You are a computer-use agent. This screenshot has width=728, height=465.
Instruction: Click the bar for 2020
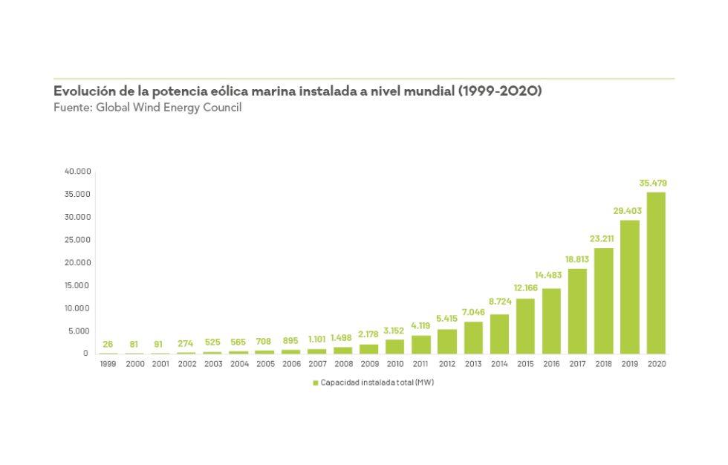coord(656,273)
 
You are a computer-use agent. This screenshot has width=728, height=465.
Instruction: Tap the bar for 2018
coord(604,301)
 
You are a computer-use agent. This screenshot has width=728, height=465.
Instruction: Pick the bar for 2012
coord(447,341)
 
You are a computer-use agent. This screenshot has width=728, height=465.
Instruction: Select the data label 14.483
coord(550,276)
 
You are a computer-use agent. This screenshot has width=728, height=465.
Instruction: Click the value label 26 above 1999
coord(108,343)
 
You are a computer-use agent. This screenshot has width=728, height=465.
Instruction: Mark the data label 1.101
coord(317,339)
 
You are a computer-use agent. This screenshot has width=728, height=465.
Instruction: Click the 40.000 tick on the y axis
coord(77,172)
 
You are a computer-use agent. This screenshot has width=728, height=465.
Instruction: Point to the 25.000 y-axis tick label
coord(77,240)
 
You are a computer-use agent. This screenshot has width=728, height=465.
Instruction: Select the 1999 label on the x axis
coord(108,364)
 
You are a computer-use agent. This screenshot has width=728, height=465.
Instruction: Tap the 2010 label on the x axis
coord(395,364)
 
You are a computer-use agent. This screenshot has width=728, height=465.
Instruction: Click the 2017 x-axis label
coord(578,364)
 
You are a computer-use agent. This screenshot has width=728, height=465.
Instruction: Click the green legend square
coord(315,383)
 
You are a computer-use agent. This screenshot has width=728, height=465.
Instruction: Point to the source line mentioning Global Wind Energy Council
coord(148,107)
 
